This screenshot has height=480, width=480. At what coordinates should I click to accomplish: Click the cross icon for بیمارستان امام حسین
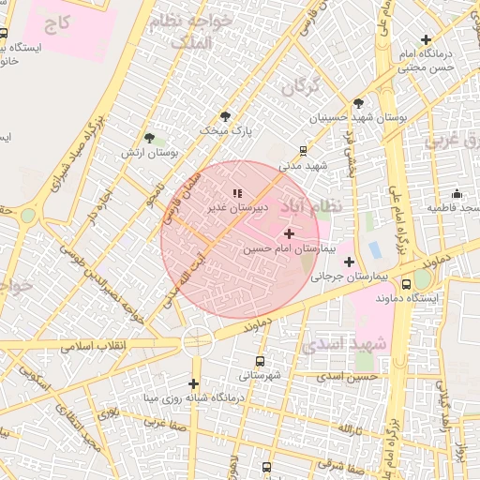tap(289, 232)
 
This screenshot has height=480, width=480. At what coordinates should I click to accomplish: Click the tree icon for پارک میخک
tap(225, 115)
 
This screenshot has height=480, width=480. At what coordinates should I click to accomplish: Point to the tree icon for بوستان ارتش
tap(149, 139)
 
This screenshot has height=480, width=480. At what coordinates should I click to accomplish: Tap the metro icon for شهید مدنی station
tap(303, 149)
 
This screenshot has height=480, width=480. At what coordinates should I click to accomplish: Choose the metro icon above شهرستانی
tap(260, 361)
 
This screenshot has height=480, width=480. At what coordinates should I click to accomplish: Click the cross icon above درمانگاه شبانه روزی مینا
tap(193, 382)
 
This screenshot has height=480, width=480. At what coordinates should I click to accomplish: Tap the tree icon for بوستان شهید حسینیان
tap(357, 103)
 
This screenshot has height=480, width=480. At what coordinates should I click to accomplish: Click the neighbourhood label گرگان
tap(300, 87)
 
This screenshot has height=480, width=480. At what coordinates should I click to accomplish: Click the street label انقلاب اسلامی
tap(99, 345)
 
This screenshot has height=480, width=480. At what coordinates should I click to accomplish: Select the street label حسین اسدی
tap(347, 377)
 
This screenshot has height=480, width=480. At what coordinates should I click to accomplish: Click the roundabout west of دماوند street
tap(198, 339)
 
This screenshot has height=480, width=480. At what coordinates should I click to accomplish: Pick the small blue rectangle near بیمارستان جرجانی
tap(375, 250)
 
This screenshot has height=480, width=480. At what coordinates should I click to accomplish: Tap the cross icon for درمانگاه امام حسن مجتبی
tap(427, 40)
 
